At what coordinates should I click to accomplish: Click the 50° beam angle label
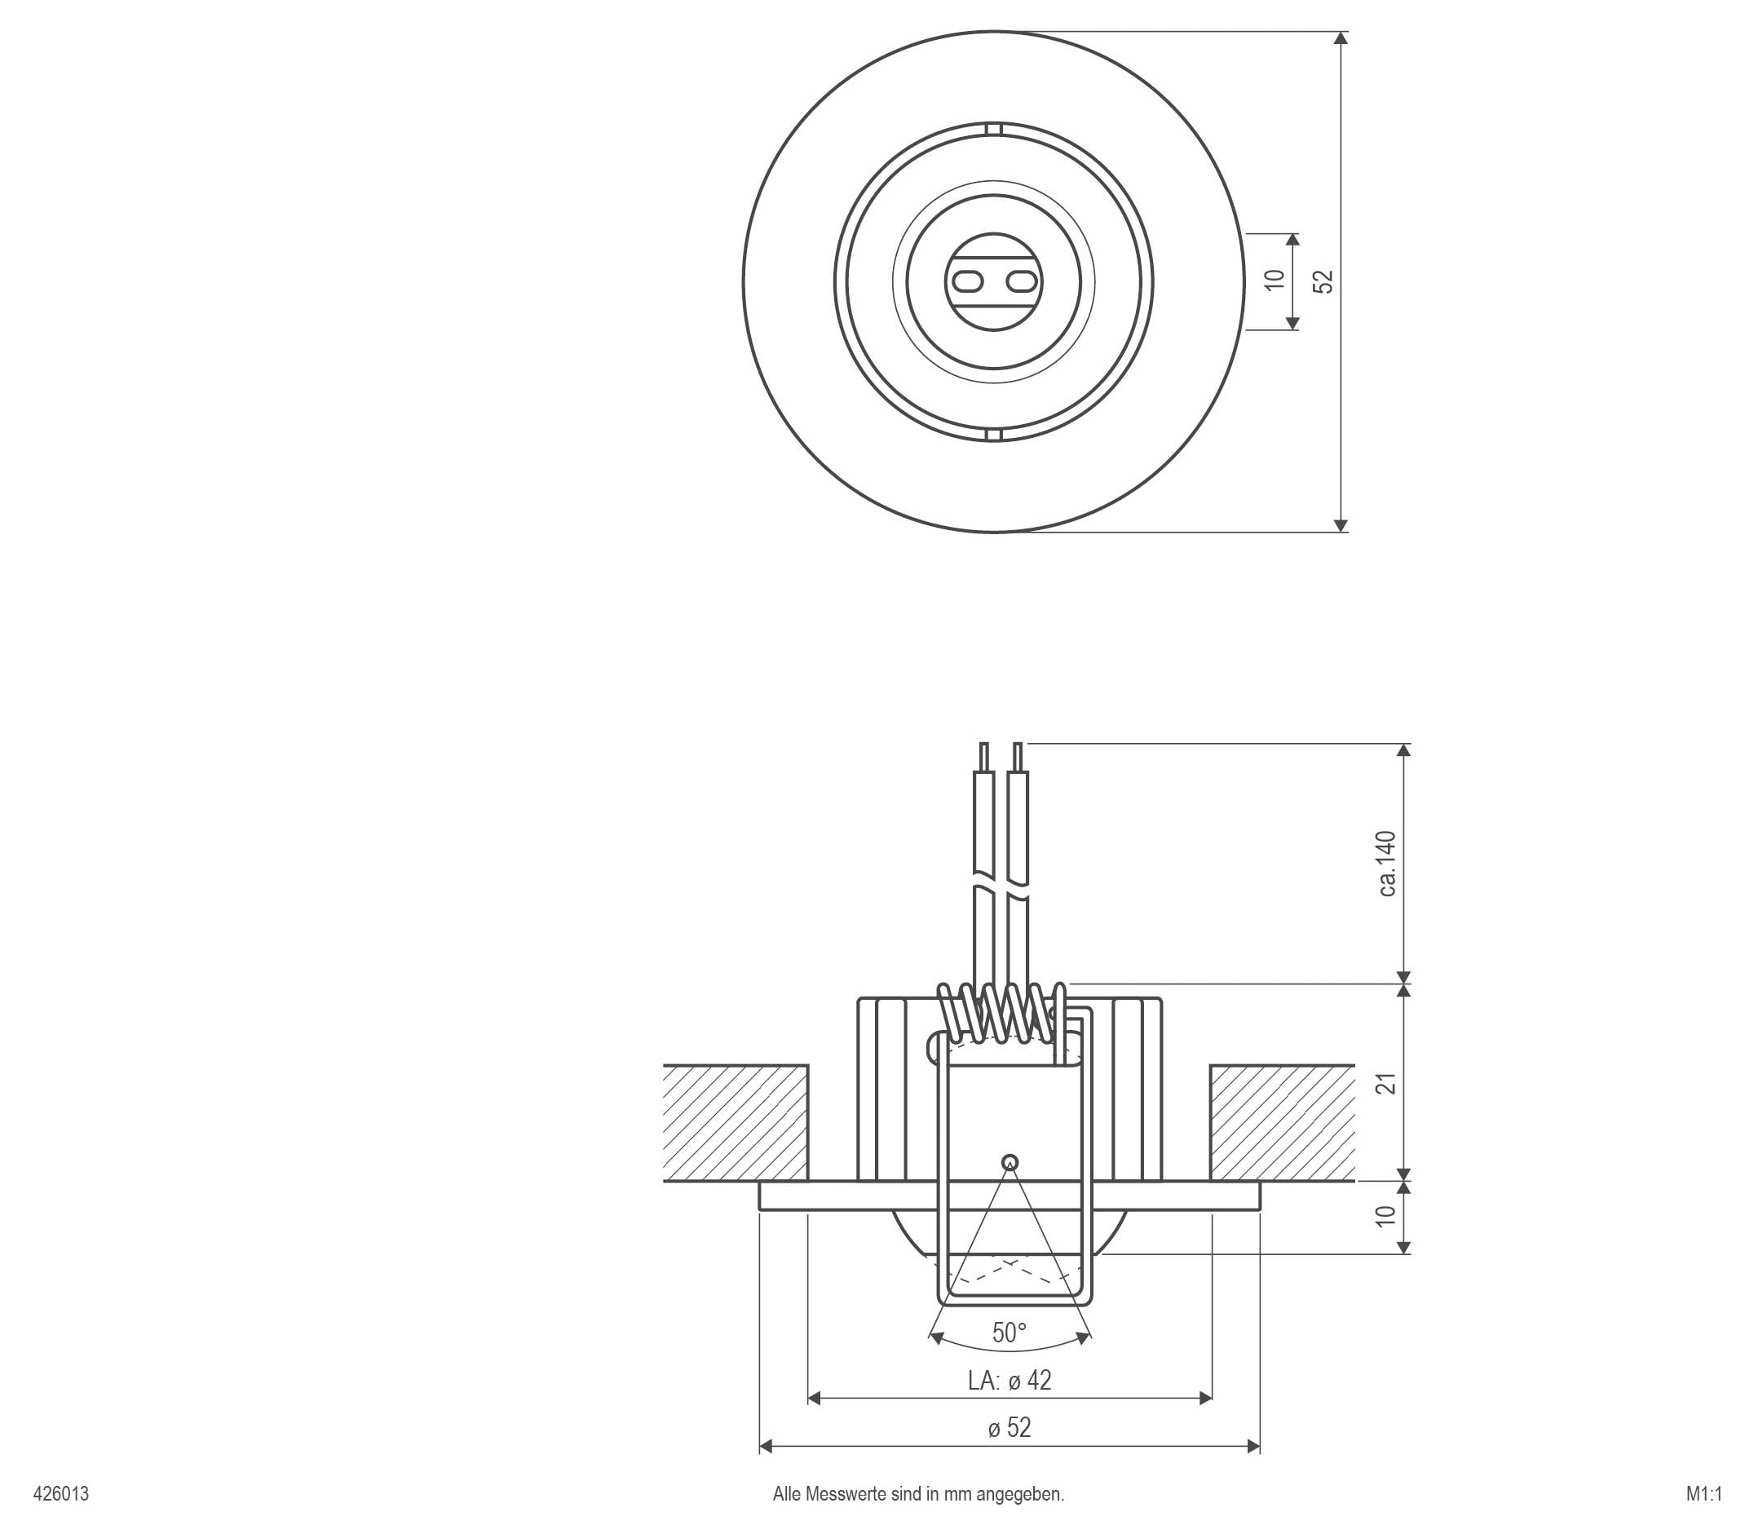(x=1010, y=1333)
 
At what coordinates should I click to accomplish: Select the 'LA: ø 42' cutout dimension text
(x=1010, y=1381)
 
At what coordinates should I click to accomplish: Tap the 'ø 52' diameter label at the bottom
(x=1010, y=1428)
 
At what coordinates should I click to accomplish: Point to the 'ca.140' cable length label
(x=1388, y=863)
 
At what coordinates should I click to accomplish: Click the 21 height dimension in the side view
(x=1389, y=1083)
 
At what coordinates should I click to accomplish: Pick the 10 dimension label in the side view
(x=1389, y=1216)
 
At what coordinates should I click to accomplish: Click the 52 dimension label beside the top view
(x=1324, y=281)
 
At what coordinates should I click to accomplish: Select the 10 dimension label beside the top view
(x=1275, y=280)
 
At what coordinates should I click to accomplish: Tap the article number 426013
(x=61, y=1494)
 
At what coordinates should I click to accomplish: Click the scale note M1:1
(x=1703, y=1494)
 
